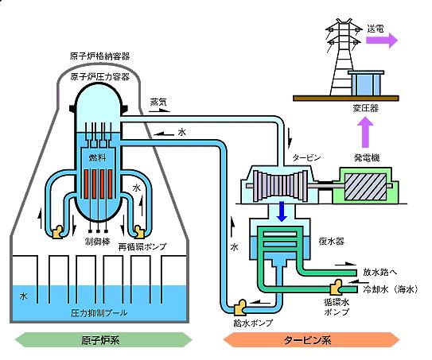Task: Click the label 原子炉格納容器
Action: pyautogui.click(x=99, y=56)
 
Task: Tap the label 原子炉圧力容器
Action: pyautogui.click(x=99, y=76)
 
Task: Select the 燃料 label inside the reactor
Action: pyautogui.click(x=97, y=157)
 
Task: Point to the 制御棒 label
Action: pyautogui.click(x=98, y=242)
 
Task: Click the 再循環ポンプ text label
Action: pyautogui.click(x=142, y=246)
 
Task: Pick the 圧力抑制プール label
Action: pyautogui.click(x=99, y=313)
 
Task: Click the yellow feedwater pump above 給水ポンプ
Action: pyautogui.click(x=239, y=308)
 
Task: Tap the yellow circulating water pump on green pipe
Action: pyautogui.click(x=336, y=288)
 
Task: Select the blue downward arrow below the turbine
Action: pyautogui.click(x=282, y=211)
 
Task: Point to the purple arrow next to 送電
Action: pyautogui.click(x=382, y=41)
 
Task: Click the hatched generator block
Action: pyautogui.click(x=366, y=188)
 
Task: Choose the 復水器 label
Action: pyautogui.click(x=331, y=241)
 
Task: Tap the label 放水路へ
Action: pyautogui.click(x=380, y=272)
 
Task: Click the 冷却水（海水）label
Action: pyautogui.click(x=391, y=289)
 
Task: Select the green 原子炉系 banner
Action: pyautogui.click(x=103, y=340)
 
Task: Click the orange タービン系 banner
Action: pyautogui.click(x=311, y=340)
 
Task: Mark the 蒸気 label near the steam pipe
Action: pyautogui.click(x=158, y=102)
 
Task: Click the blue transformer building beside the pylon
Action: pyautogui.click(x=366, y=83)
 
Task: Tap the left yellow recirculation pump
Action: pyautogui.click(x=58, y=232)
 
